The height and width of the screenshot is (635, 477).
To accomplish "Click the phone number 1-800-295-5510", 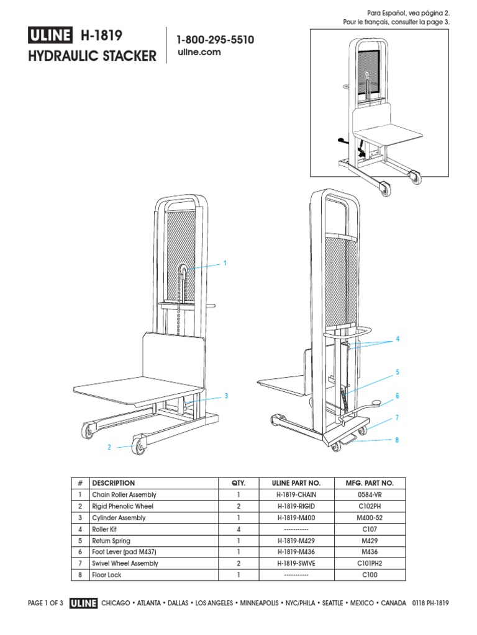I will pyautogui.click(x=215, y=40).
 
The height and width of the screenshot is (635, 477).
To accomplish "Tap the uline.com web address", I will pyautogui.click(x=199, y=53).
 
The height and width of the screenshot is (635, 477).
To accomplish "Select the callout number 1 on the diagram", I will pyautogui.click(x=225, y=264).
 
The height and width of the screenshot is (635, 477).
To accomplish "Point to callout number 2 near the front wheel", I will pyautogui.click(x=109, y=447).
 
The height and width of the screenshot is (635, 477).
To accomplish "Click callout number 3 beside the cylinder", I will pyautogui.click(x=227, y=396).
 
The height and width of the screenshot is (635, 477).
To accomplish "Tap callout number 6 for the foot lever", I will pyautogui.click(x=397, y=396).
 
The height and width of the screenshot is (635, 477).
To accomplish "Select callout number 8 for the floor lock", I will pyautogui.click(x=397, y=440).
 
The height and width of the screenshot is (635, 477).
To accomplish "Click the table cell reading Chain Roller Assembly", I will pyautogui.click(x=124, y=495).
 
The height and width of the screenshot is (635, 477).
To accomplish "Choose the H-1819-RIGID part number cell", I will pyautogui.click(x=298, y=506).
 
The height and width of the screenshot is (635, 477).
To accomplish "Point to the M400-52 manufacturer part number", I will pyautogui.click(x=370, y=518).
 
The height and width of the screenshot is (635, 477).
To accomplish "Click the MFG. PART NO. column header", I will pyautogui.click(x=370, y=483).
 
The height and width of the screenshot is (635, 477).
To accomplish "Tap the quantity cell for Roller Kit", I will pyautogui.click(x=238, y=530).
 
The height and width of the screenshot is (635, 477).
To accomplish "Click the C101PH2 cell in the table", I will pyautogui.click(x=370, y=564).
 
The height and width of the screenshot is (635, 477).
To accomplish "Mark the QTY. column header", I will pyautogui.click(x=238, y=483).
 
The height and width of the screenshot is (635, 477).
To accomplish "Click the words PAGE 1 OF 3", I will pyautogui.click(x=46, y=603).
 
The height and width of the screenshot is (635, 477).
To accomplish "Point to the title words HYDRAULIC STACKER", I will pyautogui.click(x=93, y=57).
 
